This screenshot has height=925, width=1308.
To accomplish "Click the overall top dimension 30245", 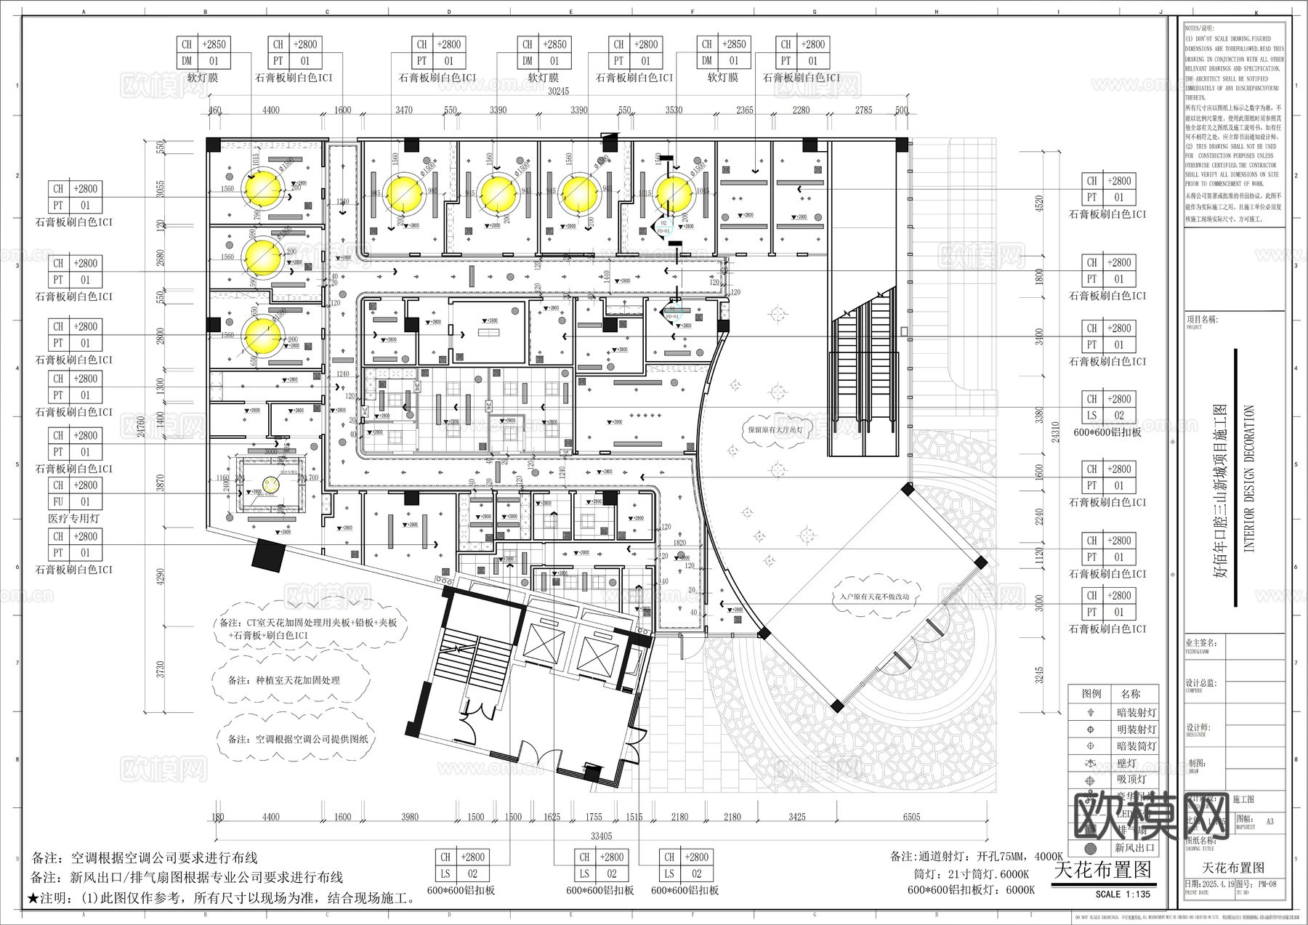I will (x=557, y=92).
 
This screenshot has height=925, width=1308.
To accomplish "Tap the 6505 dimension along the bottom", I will (x=911, y=817).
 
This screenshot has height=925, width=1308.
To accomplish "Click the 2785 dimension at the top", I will (x=863, y=110).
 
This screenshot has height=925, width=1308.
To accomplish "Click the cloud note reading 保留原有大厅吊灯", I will (x=775, y=429).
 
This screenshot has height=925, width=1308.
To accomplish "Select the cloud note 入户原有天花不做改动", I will (x=870, y=597).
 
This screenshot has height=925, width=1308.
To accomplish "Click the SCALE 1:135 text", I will (x=1122, y=894).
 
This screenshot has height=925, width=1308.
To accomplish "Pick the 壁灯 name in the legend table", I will (x=1126, y=764).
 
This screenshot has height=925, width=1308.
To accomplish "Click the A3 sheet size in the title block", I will (x=1269, y=822).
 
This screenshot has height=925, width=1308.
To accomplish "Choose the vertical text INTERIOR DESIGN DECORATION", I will (x=1250, y=479).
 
